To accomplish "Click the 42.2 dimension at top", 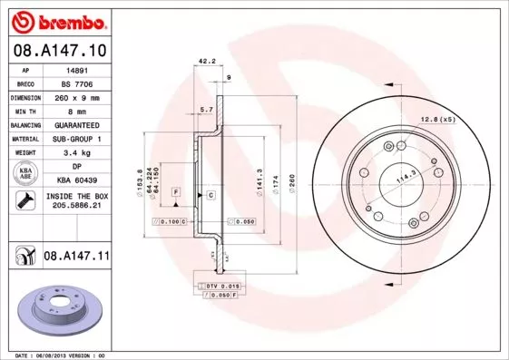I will tap(206, 63).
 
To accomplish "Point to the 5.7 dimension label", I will tap(206, 111).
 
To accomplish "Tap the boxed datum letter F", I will tap(175, 192).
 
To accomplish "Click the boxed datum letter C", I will tap(210, 196).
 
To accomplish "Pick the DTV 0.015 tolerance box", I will tap(223, 286).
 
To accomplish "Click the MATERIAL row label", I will tap(26, 139).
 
